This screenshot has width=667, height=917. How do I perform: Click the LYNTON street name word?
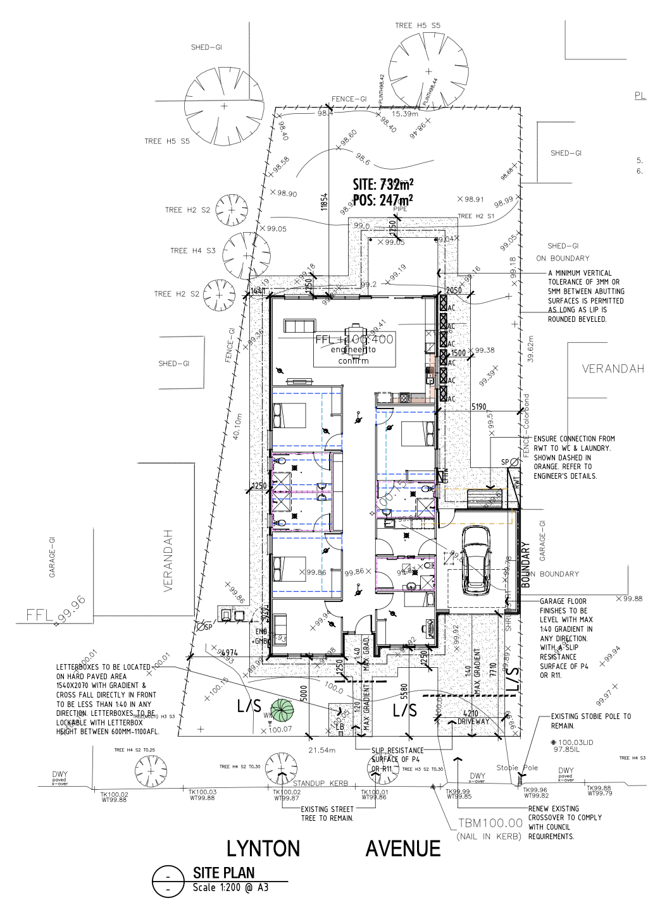(x=263, y=849)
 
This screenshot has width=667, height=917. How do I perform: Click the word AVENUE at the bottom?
(x=402, y=849)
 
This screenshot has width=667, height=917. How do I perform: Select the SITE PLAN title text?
(x=223, y=873)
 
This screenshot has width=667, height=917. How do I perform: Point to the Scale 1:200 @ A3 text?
(x=230, y=888)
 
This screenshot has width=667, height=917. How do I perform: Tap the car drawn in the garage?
(x=476, y=560)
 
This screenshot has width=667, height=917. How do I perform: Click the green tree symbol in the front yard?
(x=282, y=710)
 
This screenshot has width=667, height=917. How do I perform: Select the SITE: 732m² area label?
(x=383, y=185)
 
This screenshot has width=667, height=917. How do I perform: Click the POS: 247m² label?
(x=383, y=200)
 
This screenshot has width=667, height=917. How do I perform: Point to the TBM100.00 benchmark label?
(x=490, y=823)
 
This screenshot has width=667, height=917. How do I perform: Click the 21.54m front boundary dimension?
(x=321, y=750)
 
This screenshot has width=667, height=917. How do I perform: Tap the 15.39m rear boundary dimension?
(x=404, y=114)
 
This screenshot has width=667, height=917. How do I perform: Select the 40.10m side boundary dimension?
(x=237, y=426)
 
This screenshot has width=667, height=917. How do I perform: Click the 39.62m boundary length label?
(x=530, y=349)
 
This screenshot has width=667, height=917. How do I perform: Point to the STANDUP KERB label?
(x=320, y=784)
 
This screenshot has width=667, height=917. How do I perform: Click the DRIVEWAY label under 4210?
(x=473, y=722)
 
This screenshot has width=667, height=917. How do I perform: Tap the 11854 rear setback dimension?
(x=324, y=202)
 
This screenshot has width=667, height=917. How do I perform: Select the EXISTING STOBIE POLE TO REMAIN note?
(x=590, y=721)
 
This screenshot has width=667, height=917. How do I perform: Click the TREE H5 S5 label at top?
(x=417, y=26)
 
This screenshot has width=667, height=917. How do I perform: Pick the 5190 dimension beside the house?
(x=478, y=407)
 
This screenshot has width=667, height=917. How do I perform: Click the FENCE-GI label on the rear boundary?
(x=349, y=99)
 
